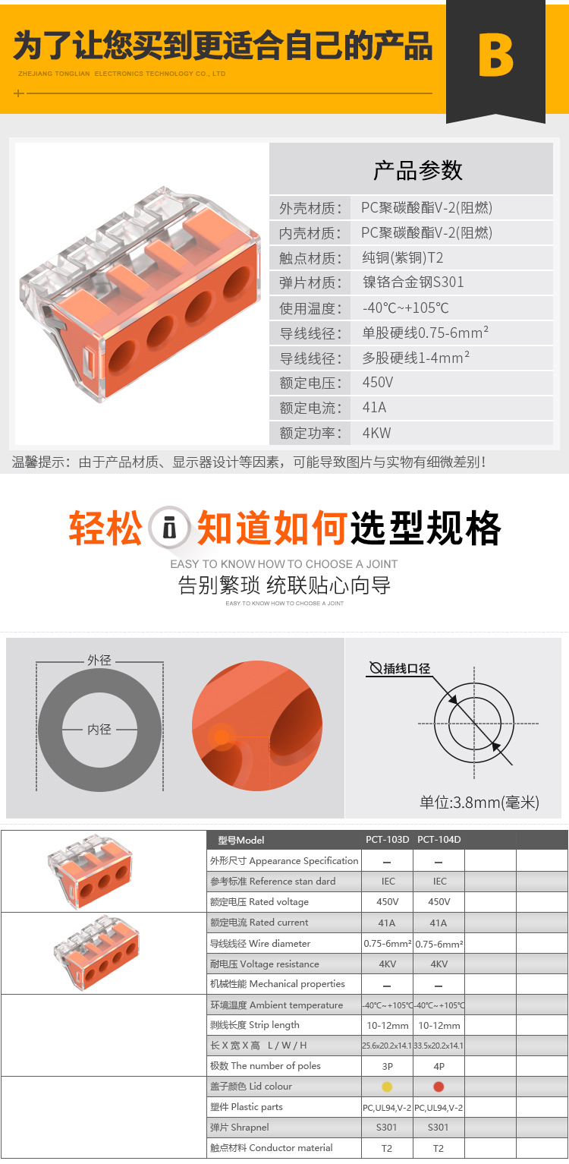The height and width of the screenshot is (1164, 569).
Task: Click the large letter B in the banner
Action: pos(496,55)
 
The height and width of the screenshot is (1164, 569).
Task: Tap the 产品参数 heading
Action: pos(418,170)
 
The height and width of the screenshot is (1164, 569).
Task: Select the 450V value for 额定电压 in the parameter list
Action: pos(378,383)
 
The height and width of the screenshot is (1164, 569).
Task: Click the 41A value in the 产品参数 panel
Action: pos(374,408)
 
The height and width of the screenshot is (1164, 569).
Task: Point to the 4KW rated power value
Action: pos(377,432)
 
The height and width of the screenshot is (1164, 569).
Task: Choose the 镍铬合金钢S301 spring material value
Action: pos(413,282)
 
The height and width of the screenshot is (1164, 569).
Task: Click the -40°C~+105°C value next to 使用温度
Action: pos(405,308)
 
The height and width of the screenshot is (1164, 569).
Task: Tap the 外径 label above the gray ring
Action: pos(99,660)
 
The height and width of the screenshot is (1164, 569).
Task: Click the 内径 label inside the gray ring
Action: pos(99,729)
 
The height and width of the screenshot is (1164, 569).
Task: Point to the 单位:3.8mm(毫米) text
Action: pos(479,803)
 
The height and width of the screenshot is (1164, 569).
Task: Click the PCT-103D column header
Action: pos(387,839)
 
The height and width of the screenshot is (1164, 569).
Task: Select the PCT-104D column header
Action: pos(439,839)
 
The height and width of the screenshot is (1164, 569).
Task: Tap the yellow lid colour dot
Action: pos(387,1086)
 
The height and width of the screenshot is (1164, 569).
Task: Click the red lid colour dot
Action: pos(439,1086)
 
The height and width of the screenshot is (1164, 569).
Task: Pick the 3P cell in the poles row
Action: pos(387,1066)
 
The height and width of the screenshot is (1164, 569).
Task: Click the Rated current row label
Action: pos(259,923)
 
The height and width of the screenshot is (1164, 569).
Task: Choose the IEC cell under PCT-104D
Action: pos(440,882)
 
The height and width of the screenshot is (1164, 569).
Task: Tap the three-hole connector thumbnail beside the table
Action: pos(90,870)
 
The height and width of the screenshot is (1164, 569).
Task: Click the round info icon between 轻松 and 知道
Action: pos(168,528)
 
